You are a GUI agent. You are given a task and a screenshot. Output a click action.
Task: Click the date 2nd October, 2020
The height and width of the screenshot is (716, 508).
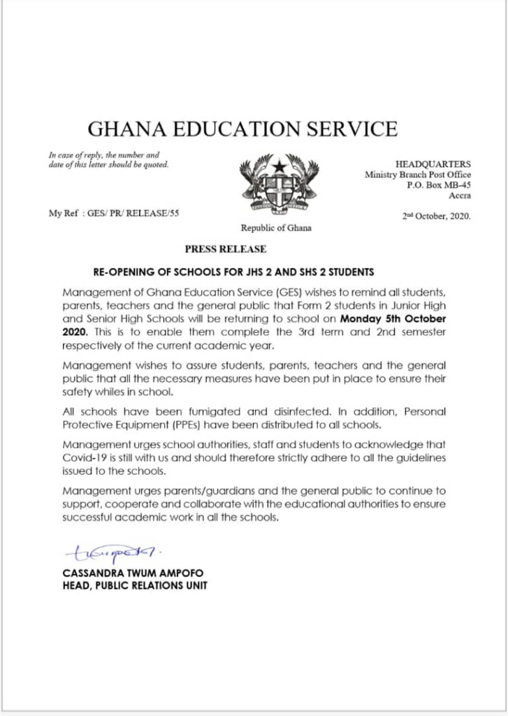click(x=436, y=216)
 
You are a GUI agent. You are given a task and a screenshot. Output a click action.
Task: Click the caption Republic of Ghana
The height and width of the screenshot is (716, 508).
click(x=276, y=228)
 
